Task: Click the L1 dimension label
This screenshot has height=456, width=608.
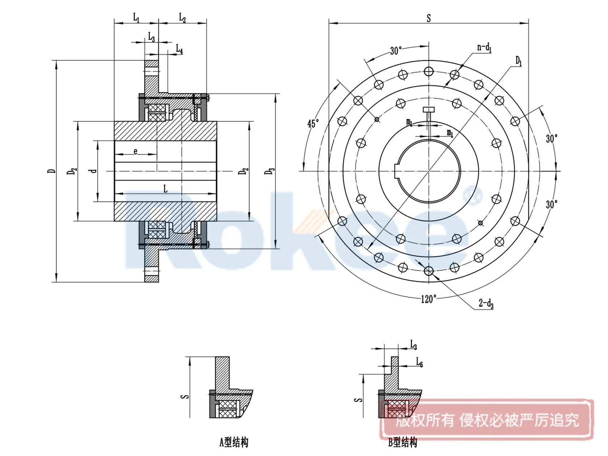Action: click(x=136, y=17)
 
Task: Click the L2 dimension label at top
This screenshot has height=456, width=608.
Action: click(x=182, y=17)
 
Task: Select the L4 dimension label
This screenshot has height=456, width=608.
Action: click(x=179, y=49)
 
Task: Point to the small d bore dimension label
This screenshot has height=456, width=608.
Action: click(x=93, y=170)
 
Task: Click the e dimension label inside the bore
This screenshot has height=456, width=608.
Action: click(x=135, y=151)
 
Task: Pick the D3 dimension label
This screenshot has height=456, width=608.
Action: click(x=269, y=171)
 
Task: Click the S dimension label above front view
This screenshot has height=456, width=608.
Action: click(x=428, y=18)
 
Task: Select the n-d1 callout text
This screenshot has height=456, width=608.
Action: click(x=484, y=47)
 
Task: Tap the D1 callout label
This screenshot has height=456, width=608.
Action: click(x=519, y=60)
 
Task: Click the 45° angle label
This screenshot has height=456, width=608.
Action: click(x=313, y=123)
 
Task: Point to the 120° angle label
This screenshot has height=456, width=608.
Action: click(x=428, y=299)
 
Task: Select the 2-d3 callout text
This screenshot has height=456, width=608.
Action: click(x=486, y=303)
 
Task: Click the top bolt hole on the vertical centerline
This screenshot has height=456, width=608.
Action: click(x=428, y=71)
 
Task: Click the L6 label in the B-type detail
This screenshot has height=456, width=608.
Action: click(x=419, y=362)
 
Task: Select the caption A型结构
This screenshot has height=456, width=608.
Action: click(x=234, y=442)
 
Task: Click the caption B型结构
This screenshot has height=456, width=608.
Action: click(x=402, y=442)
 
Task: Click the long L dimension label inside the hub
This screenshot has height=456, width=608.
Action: click(x=165, y=189)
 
